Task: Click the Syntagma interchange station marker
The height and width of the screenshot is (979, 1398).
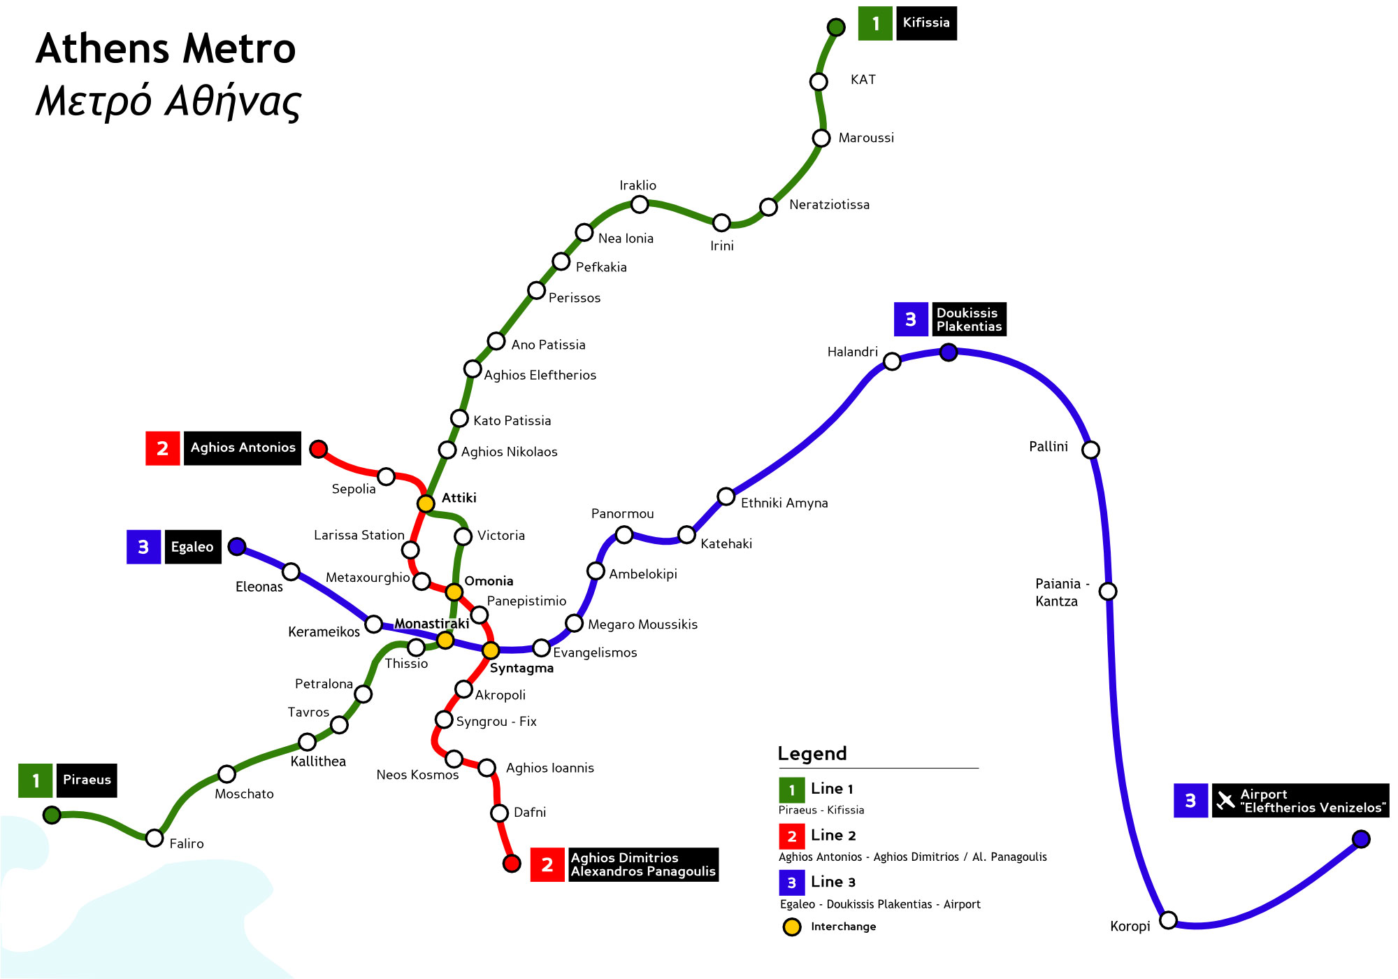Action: click(x=491, y=650)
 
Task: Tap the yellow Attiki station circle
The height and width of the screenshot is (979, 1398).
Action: click(x=426, y=503)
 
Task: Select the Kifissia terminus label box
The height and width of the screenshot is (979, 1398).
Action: click(x=926, y=23)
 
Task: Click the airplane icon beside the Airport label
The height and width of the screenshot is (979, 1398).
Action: click(x=1225, y=801)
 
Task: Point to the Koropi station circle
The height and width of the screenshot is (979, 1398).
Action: click(x=1168, y=920)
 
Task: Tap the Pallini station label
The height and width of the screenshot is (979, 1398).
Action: click(x=1048, y=447)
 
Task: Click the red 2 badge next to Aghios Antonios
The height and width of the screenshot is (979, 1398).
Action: click(x=162, y=448)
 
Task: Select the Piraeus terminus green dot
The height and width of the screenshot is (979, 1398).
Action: click(x=52, y=815)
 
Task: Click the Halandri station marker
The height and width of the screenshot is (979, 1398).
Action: click(x=892, y=362)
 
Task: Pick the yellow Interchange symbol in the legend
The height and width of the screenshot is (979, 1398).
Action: click(x=792, y=927)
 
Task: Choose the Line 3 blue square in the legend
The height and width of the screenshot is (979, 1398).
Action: click(x=791, y=882)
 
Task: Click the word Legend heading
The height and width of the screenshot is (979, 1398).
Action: click(x=812, y=753)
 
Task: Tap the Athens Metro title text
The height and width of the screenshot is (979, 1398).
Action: click(x=166, y=49)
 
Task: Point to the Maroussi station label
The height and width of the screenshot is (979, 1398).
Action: click(x=866, y=138)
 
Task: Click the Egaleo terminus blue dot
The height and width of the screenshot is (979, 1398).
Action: click(x=237, y=546)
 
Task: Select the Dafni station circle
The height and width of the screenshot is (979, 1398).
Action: click(x=499, y=813)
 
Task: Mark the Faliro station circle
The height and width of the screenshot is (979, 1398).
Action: click(x=154, y=838)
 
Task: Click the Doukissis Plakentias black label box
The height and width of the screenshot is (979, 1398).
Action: click(x=969, y=320)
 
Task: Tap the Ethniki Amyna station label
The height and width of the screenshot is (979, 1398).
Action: click(x=784, y=503)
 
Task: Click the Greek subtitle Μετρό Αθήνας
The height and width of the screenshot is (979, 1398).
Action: click(x=168, y=101)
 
